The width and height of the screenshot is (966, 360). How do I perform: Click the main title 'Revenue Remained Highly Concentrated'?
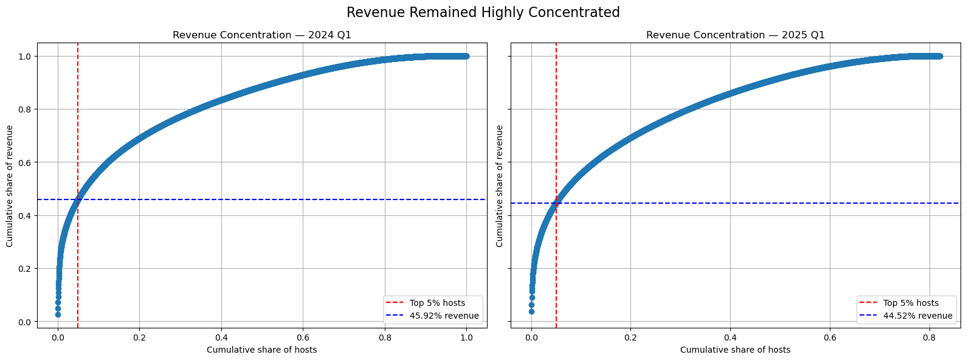click(x=483, y=13)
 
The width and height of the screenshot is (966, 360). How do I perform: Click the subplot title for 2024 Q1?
click(x=261, y=35)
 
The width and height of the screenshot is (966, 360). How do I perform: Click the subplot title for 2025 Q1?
click(x=735, y=35)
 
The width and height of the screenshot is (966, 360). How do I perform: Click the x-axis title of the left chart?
click(x=261, y=350)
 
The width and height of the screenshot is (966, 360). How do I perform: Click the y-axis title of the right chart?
click(x=500, y=185)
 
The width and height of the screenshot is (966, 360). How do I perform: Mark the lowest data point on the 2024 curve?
click(x=58, y=314)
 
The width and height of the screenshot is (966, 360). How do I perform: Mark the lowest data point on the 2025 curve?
click(x=531, y=311)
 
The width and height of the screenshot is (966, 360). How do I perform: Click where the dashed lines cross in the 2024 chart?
click(x=78, y=199)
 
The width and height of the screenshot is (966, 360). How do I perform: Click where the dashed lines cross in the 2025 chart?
click(x=556, y=203)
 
